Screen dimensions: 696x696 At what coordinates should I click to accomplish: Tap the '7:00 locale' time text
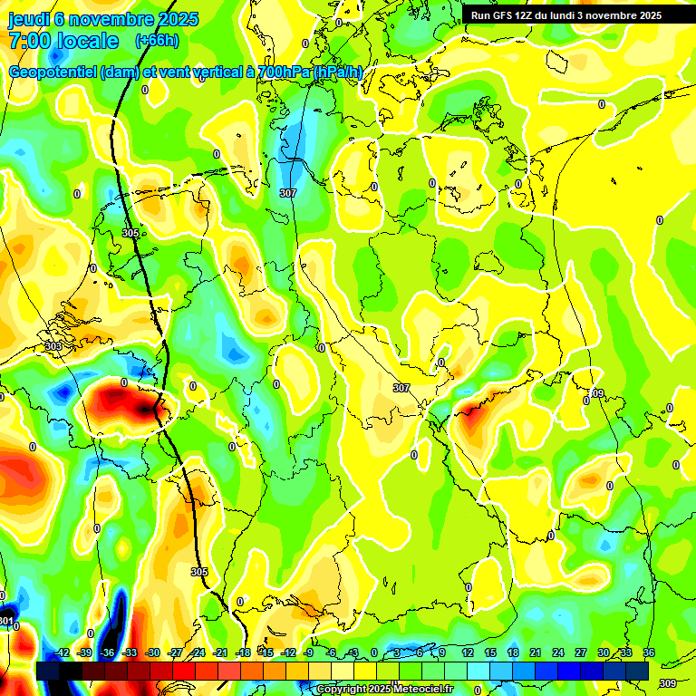coord(63,41)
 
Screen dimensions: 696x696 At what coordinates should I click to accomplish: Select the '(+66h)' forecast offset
coord(156,41)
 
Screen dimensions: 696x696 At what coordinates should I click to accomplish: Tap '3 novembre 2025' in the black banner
coord(620,15)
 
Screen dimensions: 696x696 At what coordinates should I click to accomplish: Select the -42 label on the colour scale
coord(62,652)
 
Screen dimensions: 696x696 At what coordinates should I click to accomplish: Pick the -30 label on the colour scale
coord(152,652)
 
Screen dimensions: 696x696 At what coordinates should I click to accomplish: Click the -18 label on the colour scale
coord(243,652)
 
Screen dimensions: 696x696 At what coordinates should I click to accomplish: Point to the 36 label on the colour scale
coord(649,652)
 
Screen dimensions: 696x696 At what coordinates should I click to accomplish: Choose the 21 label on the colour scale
coord(536,652)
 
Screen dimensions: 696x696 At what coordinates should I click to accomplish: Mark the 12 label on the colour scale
coord(468,652)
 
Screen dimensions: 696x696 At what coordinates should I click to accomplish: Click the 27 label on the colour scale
coord(581,652)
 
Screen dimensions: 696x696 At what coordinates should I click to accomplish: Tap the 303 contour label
coord(53,346)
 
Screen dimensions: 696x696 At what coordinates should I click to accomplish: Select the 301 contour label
coord(6,621)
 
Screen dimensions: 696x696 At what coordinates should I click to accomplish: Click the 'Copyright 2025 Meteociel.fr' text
coord(384,689)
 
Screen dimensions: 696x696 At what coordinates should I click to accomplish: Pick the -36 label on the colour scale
coord(107,652)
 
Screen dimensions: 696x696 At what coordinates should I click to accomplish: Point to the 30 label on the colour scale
coord(604,652)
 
